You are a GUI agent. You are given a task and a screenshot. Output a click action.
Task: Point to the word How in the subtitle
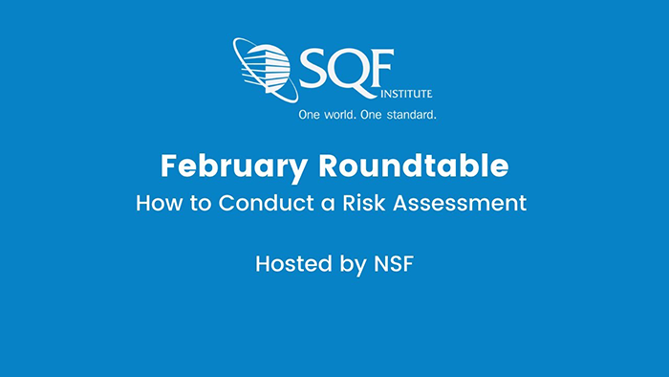pos(155,204)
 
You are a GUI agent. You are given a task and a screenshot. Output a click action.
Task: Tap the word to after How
pos(192,204)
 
